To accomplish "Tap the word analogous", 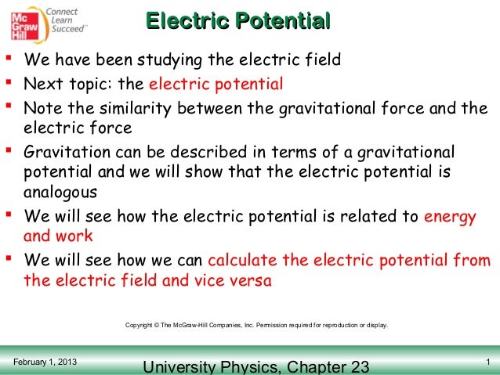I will coord(61,193).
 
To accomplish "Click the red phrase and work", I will coord(59,236).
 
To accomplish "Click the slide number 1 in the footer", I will coord(487,361).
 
